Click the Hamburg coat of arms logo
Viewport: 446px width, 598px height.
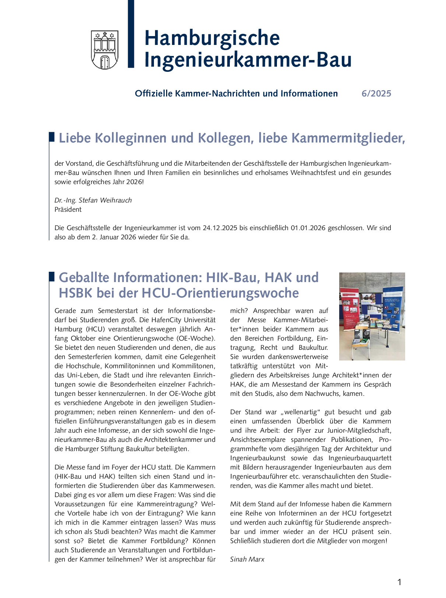[x=105, y=50]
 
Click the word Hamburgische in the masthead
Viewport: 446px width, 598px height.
[x=212, y=38]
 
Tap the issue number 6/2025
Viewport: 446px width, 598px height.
[x=376, y=94]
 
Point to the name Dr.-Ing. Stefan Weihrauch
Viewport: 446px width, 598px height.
[x=93, y=200]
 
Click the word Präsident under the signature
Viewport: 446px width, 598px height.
[x=68, y=210]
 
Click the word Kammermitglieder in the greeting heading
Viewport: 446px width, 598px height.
[x=348, y=138]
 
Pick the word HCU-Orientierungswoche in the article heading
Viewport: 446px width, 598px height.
[x=220, y=293]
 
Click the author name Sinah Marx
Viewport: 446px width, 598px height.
[x=247, y=559]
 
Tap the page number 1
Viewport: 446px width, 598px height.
[x=399, y=582]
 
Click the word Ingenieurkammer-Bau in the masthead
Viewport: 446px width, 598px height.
[x=247, y=60]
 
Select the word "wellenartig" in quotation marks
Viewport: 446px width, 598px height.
[x=301, y=412]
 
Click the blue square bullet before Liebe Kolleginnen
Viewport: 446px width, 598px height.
[x=52, y=137]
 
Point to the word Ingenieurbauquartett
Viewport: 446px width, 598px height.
[x=360, y=458]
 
